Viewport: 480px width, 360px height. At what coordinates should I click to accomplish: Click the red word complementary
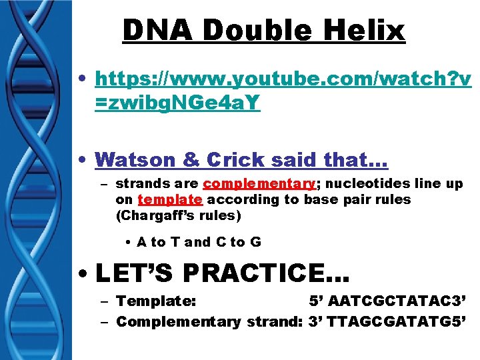[259, 183]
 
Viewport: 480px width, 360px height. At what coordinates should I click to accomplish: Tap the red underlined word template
[170, 199]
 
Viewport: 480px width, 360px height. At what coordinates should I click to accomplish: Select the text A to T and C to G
[199, 242]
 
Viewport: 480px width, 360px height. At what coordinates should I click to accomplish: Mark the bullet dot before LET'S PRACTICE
[85, 274]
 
